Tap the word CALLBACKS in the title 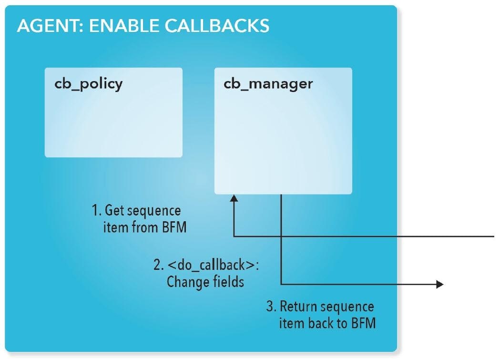[217, 26]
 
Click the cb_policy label [89, 84]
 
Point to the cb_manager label [268, 84]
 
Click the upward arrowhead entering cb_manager [234, 198]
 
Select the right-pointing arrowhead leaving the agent [440, 284]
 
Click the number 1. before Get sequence [97, 210]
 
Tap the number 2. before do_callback [158, 265]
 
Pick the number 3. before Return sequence [271, 307]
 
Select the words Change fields [205, 282]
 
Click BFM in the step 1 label [174, 227]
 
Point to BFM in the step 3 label [363, 323]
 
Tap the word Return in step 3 [298, 307]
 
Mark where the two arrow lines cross [281, 237]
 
